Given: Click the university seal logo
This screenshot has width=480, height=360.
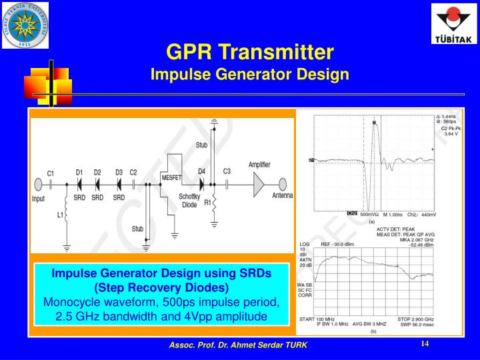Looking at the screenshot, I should point(25,25).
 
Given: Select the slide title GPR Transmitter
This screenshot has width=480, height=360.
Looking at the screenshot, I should point(249,51).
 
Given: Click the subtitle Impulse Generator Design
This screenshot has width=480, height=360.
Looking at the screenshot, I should point(249,73).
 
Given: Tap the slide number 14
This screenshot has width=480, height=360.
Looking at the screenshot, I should point(425,344).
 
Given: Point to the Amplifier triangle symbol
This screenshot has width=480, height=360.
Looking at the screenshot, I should point(258,185).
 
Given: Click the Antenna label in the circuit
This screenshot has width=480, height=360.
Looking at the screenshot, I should point(282,196).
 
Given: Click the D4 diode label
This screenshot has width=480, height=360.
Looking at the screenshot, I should point(201,172).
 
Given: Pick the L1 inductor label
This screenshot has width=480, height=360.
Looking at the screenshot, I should point(60,215).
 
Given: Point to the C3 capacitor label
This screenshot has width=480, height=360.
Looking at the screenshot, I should point(227,172).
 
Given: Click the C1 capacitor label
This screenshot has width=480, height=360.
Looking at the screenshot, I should point(50,173).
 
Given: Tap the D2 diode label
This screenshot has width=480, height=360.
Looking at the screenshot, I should point(97,172).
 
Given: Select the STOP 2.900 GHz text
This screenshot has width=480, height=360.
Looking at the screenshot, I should point(415,319).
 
